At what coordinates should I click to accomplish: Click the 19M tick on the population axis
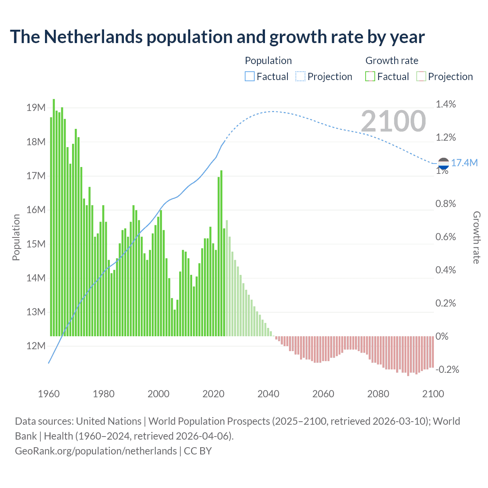pos(36,108)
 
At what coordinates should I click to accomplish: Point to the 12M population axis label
pos(36,346)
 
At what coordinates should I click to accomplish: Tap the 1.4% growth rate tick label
pos(446,104)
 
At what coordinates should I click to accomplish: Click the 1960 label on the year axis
pos(49,394)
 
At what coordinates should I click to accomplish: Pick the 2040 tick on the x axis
pos(268,394)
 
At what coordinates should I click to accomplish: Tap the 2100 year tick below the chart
pos(433,394)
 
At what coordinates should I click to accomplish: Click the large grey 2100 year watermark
pos(393,121)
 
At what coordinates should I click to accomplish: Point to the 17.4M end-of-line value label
pos(464,163)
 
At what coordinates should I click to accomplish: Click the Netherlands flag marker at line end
pos(443,164)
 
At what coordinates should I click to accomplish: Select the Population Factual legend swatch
pos(250,77)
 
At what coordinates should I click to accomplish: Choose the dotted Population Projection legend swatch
pos(300,77)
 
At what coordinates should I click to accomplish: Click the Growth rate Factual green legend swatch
pos(370,77)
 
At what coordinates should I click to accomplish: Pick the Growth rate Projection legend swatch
pos(421,77)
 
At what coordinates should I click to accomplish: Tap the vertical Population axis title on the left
pos(16,237)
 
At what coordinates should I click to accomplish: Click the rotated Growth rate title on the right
pos(477,237)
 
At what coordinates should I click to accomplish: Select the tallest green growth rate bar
pos(54,217)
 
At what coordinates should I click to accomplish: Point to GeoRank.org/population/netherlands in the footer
pos(96,451)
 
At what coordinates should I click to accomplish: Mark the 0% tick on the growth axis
pos(442,336)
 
